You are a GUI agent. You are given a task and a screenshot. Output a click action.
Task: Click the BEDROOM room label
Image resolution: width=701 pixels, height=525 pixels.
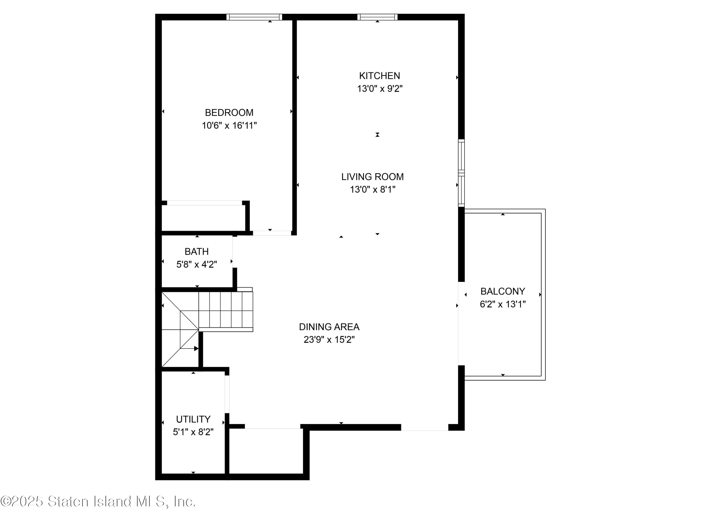pyautogui.click(x=229, y=113)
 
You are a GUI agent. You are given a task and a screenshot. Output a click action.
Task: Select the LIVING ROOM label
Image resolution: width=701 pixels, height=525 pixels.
pyautogui.click(x=372, y=177)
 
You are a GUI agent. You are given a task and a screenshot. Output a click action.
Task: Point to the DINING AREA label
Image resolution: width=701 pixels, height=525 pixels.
pyautogui.click(x=329, y=327)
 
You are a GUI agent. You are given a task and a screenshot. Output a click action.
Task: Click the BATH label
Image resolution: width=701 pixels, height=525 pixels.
pyautogui.click(x=197, y=251)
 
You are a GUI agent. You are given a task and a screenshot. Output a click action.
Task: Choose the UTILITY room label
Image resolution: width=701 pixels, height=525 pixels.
pyautogui.click(x=193, y=419)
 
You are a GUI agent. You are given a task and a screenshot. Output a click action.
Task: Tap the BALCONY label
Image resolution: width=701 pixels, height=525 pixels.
pyautogui.click(x=503, y=291)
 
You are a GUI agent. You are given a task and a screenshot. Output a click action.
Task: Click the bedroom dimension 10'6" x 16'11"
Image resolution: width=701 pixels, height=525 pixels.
pyautogui.click(x=229, y=126)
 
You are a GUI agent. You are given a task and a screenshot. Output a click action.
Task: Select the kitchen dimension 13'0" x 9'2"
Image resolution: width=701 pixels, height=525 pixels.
pyautogui.click(x=380, y=89)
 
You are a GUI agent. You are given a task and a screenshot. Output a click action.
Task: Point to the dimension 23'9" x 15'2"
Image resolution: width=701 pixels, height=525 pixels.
pyautogui.click(x=329, y=340)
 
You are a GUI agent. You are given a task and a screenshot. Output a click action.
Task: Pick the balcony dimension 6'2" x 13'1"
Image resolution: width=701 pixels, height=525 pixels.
pyautogui.click(x=503, y=304)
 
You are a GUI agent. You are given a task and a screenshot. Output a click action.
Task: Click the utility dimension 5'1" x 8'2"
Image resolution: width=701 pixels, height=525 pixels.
pyautogui.click(x=193, y=432)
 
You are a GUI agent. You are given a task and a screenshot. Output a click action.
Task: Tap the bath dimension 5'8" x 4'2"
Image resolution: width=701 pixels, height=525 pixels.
pyautogui.click(x=197, y=264)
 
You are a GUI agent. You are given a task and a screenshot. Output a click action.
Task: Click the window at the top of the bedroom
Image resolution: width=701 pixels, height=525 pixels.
pyautogui.click(x=254, y=17)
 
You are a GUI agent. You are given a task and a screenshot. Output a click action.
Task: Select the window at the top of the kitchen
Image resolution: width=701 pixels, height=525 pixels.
pyautogui.click(x=377, y=17)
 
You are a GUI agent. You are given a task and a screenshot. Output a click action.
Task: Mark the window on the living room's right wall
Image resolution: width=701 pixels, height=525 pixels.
pyautogui.click(x=461, y=173)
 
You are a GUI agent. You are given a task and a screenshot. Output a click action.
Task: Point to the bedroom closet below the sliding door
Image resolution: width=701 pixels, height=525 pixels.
pyautogui.click(x=204, y=218)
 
